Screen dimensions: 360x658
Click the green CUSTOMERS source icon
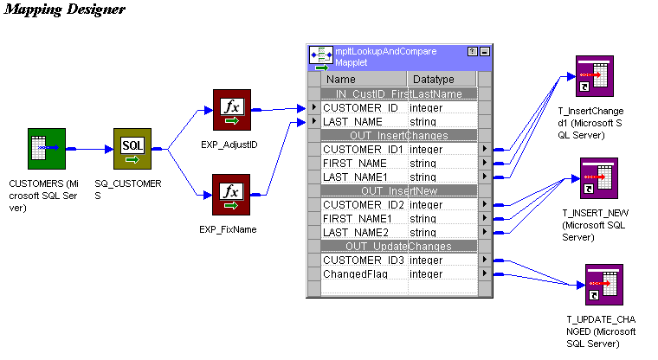coord(46,149)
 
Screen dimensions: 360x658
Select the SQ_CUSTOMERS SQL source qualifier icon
coord(132,149)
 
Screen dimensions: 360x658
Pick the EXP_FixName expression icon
coord(231,195)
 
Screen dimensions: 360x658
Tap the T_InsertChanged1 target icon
coord(596,78)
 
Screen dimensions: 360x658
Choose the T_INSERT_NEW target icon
coord(598,179)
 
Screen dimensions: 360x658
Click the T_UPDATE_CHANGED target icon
coord(603,286)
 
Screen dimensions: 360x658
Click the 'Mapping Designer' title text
coord(65,10)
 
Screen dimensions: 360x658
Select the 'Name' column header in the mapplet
coord(340,79)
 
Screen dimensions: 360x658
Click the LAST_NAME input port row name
coord(352,122)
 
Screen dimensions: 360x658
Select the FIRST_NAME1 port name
coord(358,218)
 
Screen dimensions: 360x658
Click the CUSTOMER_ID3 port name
coord(364,260)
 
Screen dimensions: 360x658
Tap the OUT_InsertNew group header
coord(398,190)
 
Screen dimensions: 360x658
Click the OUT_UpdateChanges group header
coord(398,246)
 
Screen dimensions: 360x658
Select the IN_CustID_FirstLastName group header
coord(398,93)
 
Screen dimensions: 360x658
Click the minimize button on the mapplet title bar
coord(484,52)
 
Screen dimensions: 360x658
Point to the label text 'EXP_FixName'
coord(229,229)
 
